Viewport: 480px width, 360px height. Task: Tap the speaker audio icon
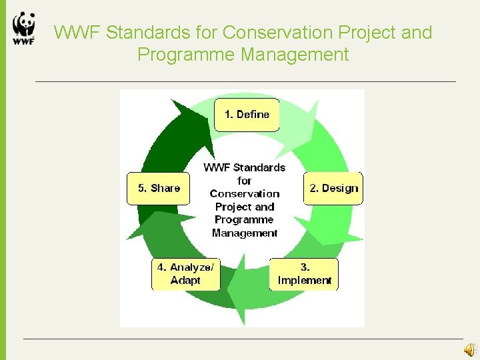[x=470, y=349]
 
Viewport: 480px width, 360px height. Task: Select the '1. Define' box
[x=247, y=115]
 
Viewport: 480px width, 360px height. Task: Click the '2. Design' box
[x=333, y=188]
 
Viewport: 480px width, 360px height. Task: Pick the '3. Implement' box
[x=304, y=274]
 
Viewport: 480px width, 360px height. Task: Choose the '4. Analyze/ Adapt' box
[x=185, y=274]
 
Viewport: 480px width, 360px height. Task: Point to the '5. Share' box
[x=159, y=188]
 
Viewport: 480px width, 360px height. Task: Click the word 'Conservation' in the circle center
[x=245, y=194]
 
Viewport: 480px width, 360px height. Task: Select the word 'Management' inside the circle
[x=245, y=233]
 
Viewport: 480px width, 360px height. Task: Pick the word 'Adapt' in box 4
[x=185, y=281]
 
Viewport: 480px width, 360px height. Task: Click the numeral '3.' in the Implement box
[x=305, y=267]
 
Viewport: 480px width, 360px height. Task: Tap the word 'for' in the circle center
[x=245, y=181]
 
